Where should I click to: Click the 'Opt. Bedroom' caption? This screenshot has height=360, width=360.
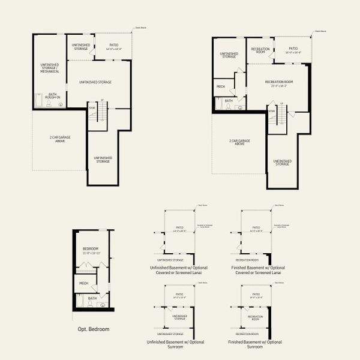coord(93,329)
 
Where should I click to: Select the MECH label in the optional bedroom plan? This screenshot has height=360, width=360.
coord(83,283)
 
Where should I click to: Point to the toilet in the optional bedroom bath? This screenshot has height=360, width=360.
coord(89,304)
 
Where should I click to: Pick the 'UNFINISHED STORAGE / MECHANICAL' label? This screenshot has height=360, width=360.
coord(50,68)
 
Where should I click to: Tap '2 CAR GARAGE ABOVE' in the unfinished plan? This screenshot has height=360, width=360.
coord(60,139)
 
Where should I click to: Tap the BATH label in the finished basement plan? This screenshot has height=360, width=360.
coord(229,101)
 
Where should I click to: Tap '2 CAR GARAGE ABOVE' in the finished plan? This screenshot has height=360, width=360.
coord(239,143)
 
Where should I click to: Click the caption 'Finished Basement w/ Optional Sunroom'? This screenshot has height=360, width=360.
coord(256,344)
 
